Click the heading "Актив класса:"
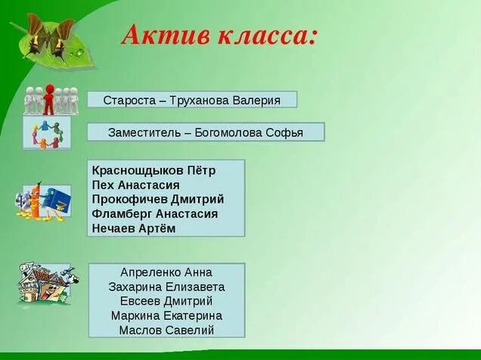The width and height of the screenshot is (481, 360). click(219, 35)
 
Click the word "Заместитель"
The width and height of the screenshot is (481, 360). click(144, 132)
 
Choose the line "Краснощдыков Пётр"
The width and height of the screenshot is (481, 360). click(154, 170)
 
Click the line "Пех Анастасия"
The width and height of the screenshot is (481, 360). click(135, 185)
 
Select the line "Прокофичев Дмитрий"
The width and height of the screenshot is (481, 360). click(157, 199)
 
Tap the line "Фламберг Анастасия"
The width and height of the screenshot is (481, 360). click(154, 213)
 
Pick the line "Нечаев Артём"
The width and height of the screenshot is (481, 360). click(133, 228)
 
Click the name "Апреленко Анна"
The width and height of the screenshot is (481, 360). click(166, 272)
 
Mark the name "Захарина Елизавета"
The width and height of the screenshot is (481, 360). click(166, 287)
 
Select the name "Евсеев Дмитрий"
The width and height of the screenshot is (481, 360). click(166, 301)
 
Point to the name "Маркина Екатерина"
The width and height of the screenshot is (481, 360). click(166, 315)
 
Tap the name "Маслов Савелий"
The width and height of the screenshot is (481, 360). click(166, 330)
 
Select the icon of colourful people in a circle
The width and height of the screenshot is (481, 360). click(47, 133)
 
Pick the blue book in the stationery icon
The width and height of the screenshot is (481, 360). click(57, 200)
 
